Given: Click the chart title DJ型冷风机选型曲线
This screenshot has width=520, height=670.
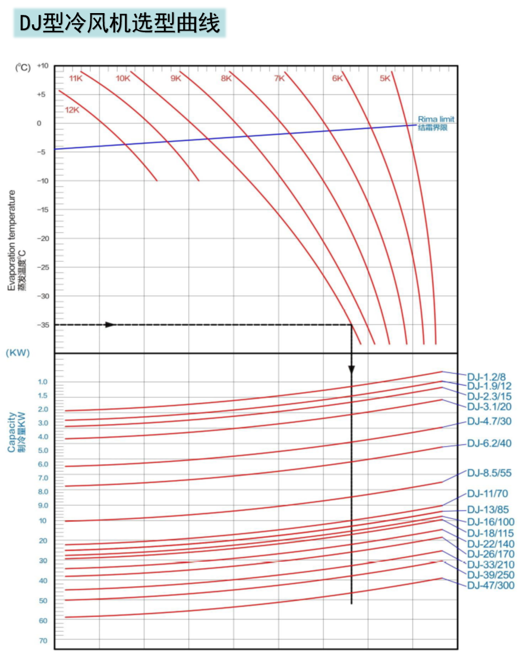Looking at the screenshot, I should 119,23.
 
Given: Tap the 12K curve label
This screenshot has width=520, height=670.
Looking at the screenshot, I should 72,109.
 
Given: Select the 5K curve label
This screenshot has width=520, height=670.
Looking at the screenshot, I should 385,78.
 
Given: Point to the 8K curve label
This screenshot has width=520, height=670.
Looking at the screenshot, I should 226,79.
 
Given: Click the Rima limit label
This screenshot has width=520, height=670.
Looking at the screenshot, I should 436,119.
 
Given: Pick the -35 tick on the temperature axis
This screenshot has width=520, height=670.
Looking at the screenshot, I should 43,325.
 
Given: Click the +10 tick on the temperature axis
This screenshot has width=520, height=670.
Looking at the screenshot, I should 42,66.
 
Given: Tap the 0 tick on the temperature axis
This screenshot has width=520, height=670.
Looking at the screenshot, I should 39,124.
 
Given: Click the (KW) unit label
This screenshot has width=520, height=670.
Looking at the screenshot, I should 17,352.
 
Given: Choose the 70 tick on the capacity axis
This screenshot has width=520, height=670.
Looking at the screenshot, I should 43,641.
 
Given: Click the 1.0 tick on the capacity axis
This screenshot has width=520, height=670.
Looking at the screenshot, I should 43,381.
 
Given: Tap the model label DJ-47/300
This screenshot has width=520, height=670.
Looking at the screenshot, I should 490,586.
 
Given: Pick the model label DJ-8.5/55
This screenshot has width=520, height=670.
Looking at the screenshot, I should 489,473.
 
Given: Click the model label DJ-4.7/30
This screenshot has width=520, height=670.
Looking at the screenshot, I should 489,421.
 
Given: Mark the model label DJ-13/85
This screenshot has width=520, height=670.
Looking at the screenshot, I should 487,510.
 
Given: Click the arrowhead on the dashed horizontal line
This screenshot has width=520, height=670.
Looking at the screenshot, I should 110,325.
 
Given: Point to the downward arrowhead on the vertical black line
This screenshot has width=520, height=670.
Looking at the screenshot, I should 351,369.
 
